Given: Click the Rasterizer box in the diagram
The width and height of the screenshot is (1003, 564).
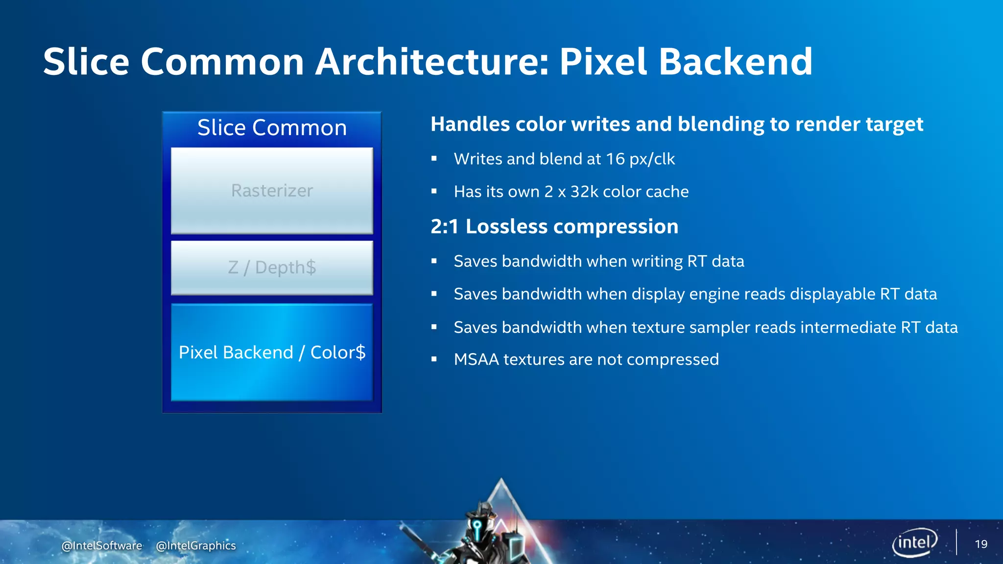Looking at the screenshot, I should (x=272, y=190).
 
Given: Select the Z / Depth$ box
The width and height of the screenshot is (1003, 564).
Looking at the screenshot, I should (x=272, y=268).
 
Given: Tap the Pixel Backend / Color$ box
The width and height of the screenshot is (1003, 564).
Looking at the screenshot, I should (x=272, y=352).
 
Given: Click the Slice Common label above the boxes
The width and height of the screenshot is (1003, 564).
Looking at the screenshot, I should (x=272, y=128).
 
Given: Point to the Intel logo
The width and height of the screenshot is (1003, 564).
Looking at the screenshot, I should (x=914, y=542).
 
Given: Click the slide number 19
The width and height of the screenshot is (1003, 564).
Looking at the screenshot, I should (x=981, y=544).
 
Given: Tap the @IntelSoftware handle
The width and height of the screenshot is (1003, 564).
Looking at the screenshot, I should (x=102, y=545).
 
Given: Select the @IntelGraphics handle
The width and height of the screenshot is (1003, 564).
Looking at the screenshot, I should (x=196, y=545).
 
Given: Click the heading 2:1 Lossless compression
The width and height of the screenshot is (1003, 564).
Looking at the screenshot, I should (x=554, y=227).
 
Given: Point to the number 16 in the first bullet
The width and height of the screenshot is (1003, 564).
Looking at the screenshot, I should (x=616, y=159).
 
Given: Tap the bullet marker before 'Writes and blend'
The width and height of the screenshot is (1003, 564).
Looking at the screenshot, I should (x=434, y=159).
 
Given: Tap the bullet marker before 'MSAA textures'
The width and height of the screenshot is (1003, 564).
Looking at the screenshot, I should (x=434, y=359).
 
